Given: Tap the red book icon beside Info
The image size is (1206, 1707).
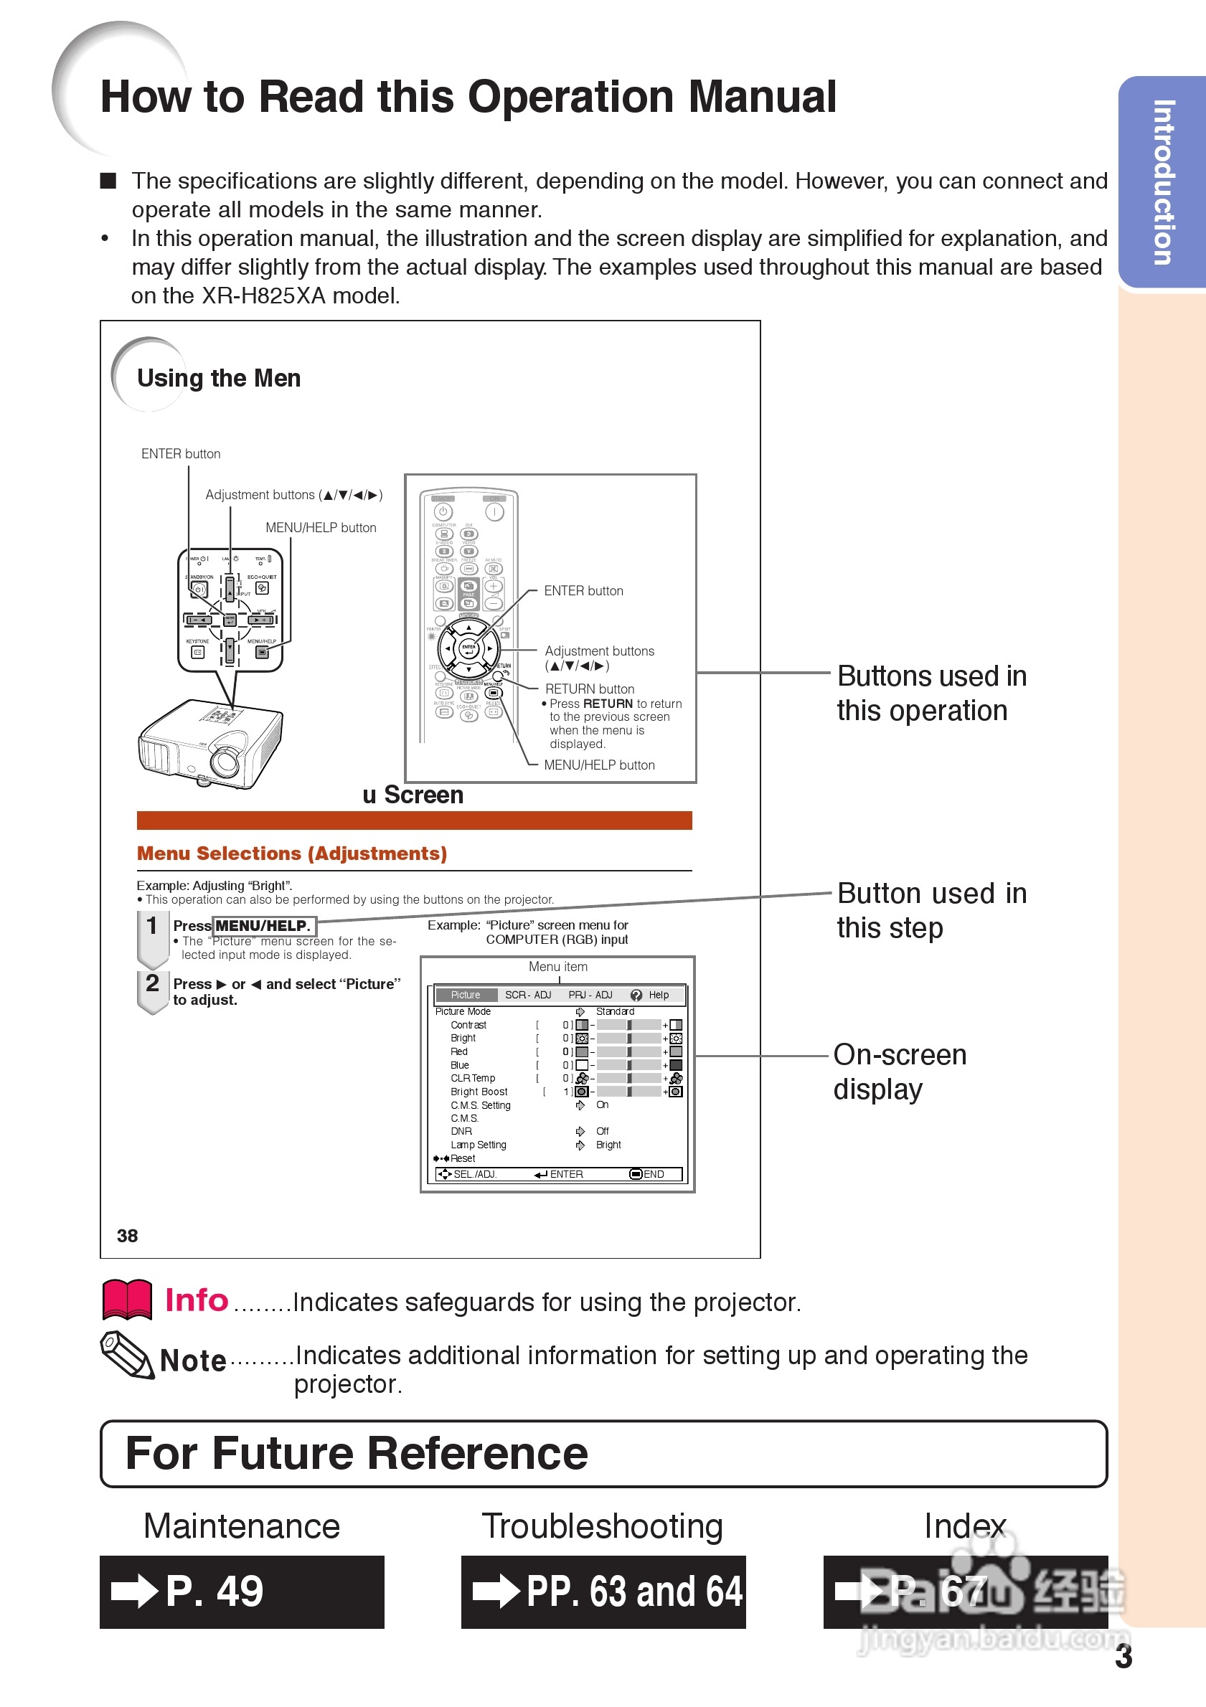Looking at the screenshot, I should [127, 1300].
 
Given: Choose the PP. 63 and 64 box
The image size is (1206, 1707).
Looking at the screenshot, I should [603, 1591].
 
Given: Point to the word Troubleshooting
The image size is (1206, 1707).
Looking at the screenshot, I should [602, 1526].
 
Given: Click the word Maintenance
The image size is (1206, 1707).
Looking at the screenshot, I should [242, 1526].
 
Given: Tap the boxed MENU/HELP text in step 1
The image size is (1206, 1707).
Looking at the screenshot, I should [263, 926].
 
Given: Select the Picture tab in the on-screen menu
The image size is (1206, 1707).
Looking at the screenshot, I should [466, 995].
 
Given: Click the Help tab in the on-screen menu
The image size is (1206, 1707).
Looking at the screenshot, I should [657, 995].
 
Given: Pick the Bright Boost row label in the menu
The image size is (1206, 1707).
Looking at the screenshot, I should [479, 1092].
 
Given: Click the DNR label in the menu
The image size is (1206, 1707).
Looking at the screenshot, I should [461, 1131].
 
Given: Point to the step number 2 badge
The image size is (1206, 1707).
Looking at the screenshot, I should [152, 983].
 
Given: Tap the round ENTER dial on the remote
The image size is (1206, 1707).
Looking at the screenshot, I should [468, 648].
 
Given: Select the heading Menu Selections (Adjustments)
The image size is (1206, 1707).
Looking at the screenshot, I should [291, 853].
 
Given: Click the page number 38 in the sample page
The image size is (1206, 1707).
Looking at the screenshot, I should [127, 1236].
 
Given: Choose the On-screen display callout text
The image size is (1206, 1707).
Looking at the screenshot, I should [899, 1072].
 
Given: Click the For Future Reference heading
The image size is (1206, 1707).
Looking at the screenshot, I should [356, 1454].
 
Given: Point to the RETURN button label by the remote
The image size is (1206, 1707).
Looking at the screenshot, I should [590, 689].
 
